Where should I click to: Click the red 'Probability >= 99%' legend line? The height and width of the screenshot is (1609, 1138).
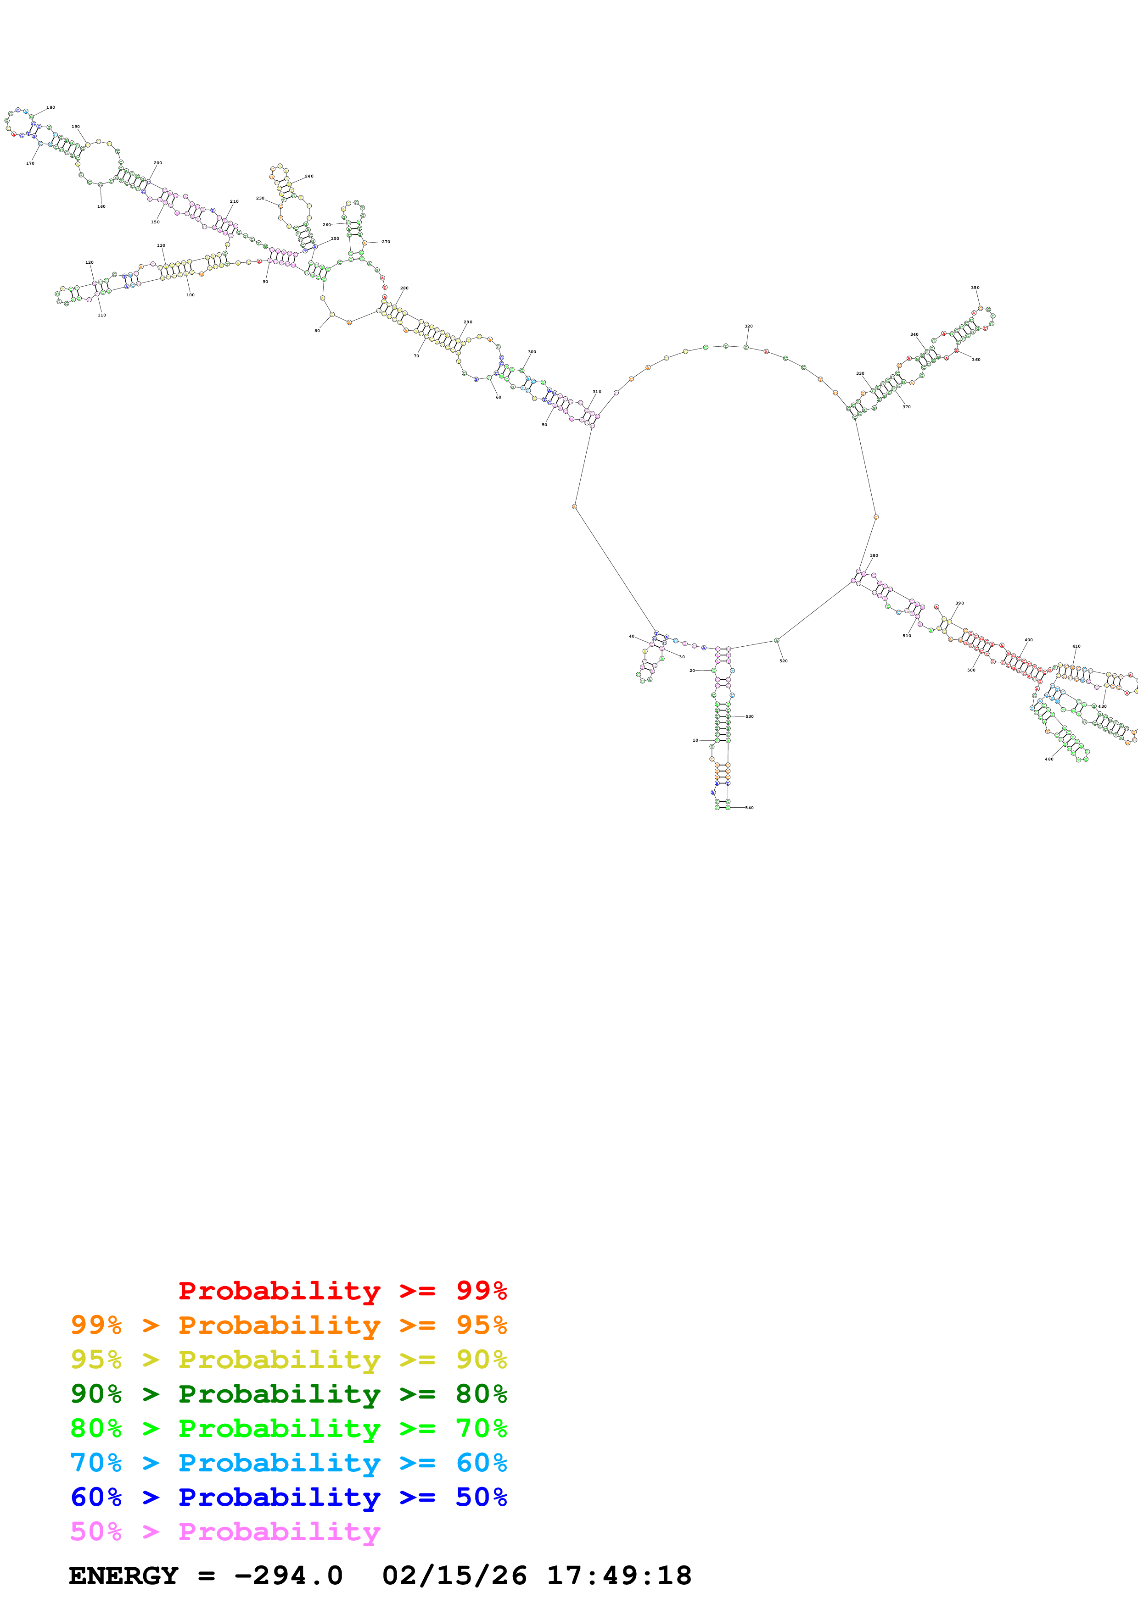[x=342, y=1291]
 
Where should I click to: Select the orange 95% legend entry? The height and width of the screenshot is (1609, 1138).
[x=288, y=1325]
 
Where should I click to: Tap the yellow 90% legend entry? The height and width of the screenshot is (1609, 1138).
[x=288, y=1359]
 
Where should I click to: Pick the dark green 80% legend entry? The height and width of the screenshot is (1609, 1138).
[x=288, y=1394]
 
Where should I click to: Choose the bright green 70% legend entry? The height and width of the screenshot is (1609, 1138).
[x=288, y=1428]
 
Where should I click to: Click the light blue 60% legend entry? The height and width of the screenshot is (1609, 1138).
[x=288, y=1463]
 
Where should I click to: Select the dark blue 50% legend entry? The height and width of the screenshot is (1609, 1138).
[x=288, y=1497]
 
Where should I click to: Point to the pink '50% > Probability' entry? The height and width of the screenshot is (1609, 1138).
[x=225, y=1531]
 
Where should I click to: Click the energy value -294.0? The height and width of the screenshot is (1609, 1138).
[x=288, y=1576]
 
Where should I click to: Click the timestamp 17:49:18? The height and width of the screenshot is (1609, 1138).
[x=618, y=1576]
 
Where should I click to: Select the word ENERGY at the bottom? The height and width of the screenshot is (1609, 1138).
[x=123, y=1576]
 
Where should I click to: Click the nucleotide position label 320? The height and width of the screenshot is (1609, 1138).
[x=748, y=326]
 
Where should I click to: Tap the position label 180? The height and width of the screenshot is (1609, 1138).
[x=50, y=107]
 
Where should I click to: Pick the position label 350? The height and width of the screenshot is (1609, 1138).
[x=975, y=287]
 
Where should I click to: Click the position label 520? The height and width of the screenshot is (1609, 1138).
[x=783, y=661]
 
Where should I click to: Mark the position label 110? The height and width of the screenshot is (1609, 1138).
[x=101, y=315]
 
